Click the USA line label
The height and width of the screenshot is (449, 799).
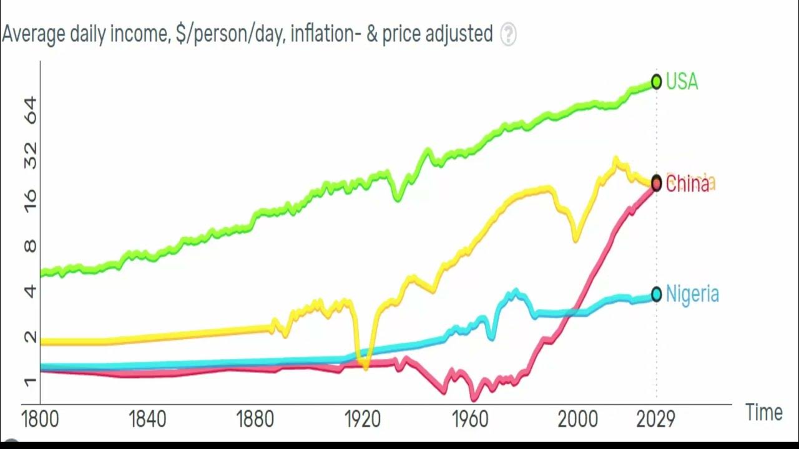tap(682, 82)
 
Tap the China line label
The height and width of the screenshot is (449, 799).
tap(687, 184)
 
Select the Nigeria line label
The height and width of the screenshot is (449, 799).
tap(692, 294)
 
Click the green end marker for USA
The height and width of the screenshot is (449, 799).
tap(656, 82)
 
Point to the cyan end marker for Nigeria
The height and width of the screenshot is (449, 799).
tap(656, 294)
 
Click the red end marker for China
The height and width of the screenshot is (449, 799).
tap(656, 183)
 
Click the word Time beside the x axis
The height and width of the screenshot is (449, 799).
tap(764, 412)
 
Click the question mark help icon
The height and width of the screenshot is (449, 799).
tap(509, 34)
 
